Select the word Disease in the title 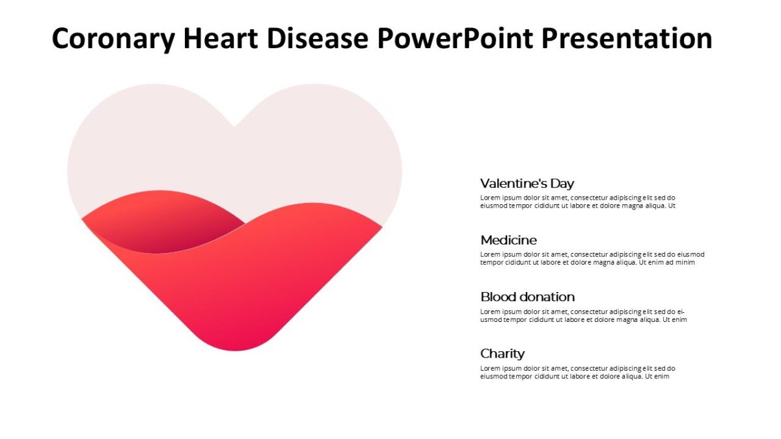[319, 39]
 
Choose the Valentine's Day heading [527, 183]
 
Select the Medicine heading [508, 240]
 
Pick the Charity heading [502, 354]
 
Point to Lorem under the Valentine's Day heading [490, 198]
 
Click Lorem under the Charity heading [490, 368]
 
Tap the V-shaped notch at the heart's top [235, 124]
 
